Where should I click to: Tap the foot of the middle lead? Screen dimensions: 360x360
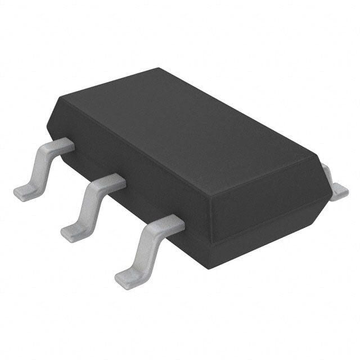coord(72,231)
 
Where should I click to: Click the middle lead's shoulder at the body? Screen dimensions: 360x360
coord(110,181)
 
